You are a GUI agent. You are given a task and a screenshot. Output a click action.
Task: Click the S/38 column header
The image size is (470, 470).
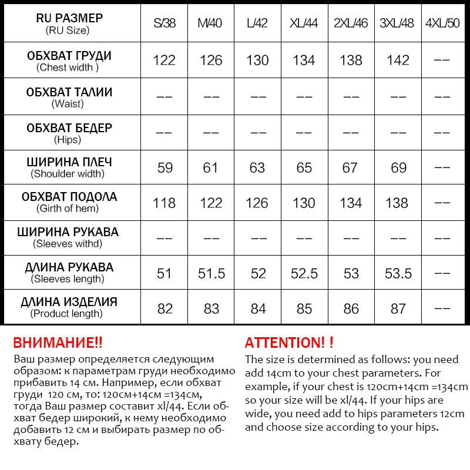click(x=164, y=24)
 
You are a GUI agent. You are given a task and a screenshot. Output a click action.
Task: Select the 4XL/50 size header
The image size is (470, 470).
click(x=442, y=24)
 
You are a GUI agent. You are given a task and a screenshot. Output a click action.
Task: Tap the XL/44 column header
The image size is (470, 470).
click(x=304, y=24)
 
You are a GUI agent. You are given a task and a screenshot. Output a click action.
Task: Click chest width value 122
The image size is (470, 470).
click(x=164, y=60)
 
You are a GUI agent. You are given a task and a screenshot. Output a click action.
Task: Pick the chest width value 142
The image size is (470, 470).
click(x=398, y=60)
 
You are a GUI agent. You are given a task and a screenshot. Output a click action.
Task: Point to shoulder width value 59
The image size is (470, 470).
click(x=165, y=168)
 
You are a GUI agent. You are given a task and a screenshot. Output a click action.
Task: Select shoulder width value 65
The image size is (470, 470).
click(x=304, y=168)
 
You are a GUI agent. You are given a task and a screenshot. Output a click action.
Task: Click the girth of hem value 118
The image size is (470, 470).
click(x=164, y=203)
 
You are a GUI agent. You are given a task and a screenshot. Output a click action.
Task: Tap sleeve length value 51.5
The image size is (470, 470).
click(x=211, y=274)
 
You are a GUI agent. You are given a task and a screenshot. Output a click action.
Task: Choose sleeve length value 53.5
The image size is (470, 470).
click(x=398, y=274)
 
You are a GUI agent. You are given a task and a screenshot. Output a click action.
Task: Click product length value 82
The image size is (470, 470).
click(x=165, y=309)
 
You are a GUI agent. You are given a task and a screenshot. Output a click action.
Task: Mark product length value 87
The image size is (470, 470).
click(x=398, y=309)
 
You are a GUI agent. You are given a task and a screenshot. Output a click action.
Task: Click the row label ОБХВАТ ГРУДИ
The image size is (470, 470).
click(x=69, y=56)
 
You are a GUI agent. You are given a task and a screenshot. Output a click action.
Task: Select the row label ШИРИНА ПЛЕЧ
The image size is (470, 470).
click(x=69, y=162)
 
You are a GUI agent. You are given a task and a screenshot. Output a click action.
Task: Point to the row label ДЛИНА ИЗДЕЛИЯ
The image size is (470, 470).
click(x=69, y=303)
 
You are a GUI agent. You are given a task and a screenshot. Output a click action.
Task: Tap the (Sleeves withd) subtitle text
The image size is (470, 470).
click(x=68, y=244)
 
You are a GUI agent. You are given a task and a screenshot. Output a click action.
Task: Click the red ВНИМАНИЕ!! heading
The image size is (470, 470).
click(x=58, y=343)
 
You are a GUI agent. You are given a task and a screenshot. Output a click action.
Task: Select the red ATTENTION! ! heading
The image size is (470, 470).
click(x=289, y=343)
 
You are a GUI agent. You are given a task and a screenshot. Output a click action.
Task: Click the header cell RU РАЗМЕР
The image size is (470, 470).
click(x=69, y=18)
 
